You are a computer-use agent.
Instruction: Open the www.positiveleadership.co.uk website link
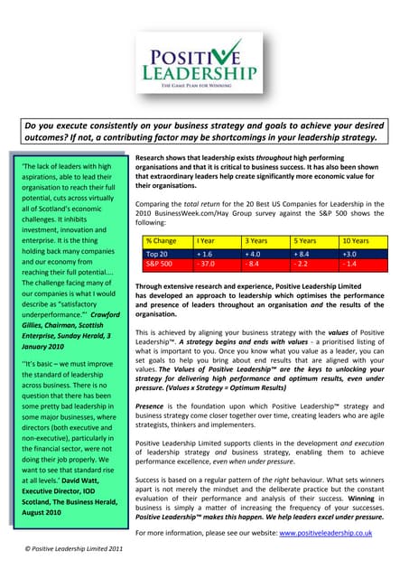pos(328,533)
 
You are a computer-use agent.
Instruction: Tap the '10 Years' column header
pos(356,241)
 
